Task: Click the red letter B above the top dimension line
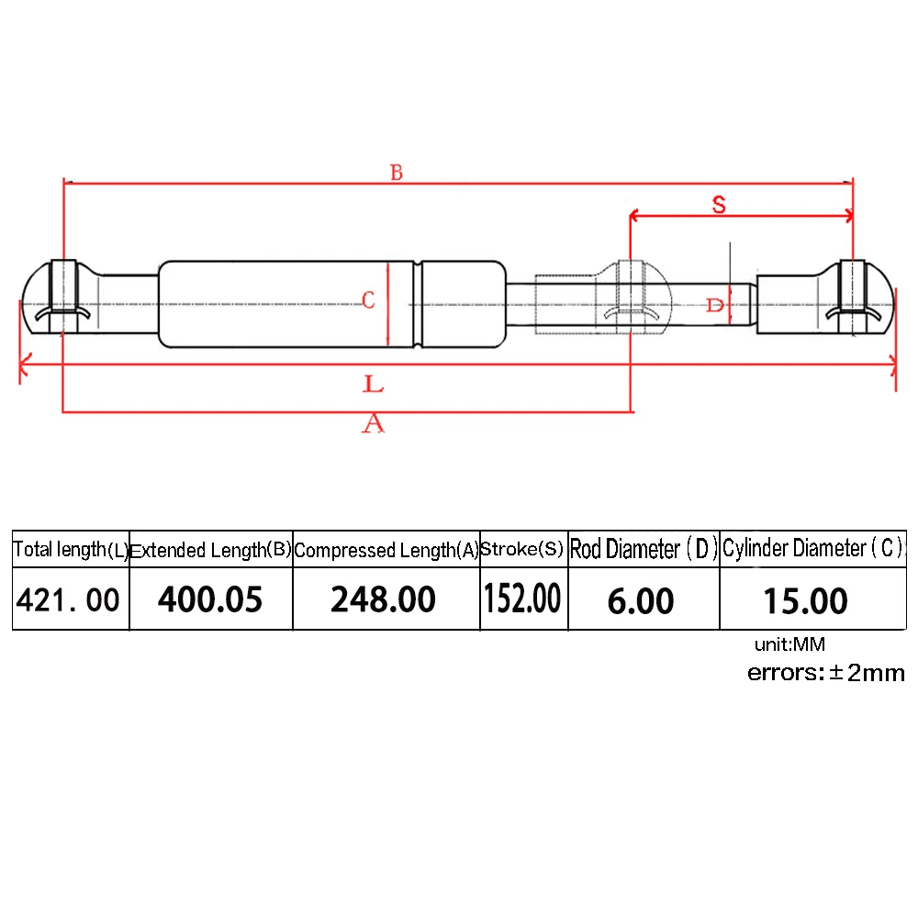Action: tap(397, 173)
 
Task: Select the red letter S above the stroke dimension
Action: tap(719, 205)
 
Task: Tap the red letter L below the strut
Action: tap(373, 384)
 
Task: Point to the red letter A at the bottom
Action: tap(373, 423)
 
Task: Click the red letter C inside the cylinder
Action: tap(368, 300)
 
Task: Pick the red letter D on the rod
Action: tap(715, 305)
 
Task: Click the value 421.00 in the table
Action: tap(68, 600)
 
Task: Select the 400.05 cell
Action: tap(210, 599)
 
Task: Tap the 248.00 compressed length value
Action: tap(384, 599)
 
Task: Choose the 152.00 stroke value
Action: tap(523, 599)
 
